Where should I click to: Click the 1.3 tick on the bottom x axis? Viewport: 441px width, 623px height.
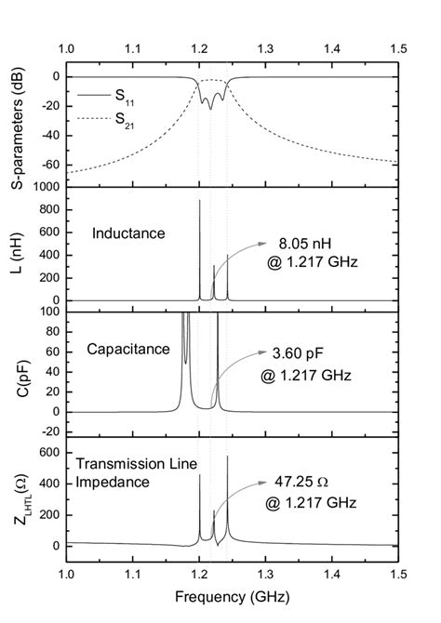tap(266, 577)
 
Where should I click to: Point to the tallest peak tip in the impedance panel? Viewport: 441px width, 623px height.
tap(227, 456)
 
